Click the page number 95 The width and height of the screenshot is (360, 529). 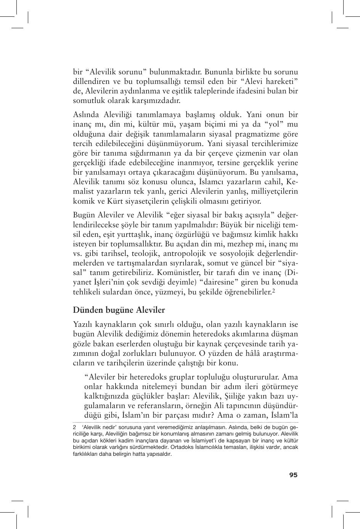293,475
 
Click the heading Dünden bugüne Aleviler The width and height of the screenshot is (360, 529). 119,309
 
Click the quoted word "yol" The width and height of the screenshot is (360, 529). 273,124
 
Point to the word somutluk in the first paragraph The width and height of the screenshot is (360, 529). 87,101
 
